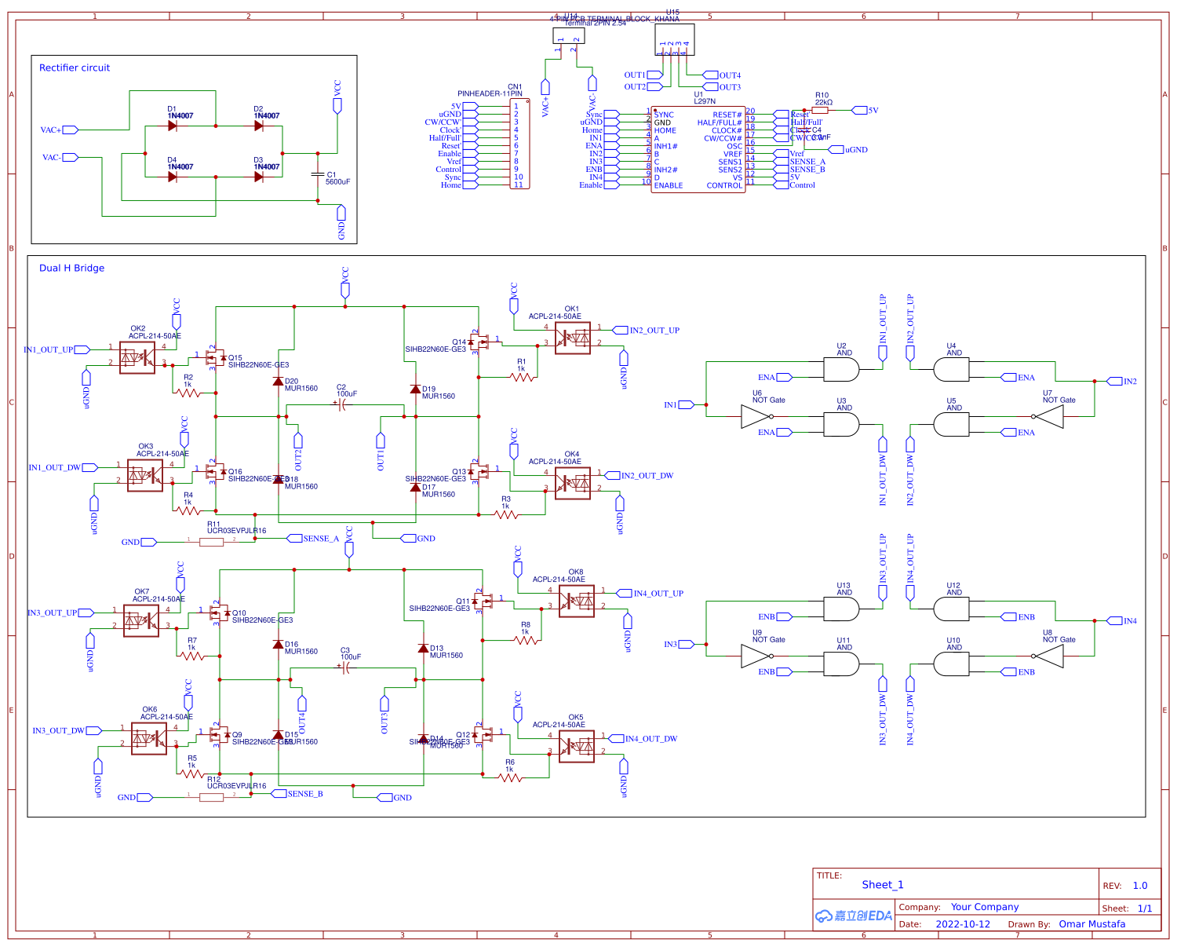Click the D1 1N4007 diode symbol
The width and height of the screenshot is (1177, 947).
click(173, 126)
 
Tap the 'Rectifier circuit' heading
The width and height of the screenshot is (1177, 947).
click(75, 68)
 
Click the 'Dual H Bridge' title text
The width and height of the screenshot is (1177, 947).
click(71, 269)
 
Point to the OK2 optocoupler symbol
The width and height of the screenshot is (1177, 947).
click(137, 357)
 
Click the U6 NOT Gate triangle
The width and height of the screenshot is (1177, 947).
click(756, 416)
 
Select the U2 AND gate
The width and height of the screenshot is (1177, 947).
click(841, 369)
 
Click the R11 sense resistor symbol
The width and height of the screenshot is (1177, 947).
click(211, 542)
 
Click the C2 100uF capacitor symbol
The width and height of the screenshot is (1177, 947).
click(341, 404)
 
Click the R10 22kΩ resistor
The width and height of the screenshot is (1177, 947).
click(820, 111)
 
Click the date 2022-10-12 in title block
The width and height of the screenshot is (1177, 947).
click(963, 924)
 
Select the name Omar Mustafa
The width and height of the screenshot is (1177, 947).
click(1091, 924)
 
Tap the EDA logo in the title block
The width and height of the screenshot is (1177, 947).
click(854, 916)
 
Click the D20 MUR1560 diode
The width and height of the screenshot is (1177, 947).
click(278, 382)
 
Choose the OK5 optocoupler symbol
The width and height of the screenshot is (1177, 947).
click(576, 746)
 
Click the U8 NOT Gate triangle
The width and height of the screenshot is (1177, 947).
click(1050, 656)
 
